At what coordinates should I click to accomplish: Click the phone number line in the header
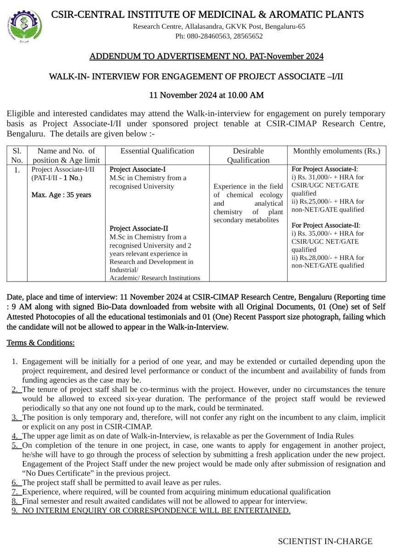219,36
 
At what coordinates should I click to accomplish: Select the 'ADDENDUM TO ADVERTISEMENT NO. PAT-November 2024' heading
206,56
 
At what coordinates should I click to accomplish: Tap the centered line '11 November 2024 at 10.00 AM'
206,95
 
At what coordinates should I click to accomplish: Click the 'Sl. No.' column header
17,155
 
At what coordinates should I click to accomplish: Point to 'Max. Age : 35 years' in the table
61,195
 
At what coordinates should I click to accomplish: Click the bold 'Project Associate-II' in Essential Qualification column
139,228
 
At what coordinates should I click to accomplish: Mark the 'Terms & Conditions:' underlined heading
40,343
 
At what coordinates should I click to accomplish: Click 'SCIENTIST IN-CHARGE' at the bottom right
325,541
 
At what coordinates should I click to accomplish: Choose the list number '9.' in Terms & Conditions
15,510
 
